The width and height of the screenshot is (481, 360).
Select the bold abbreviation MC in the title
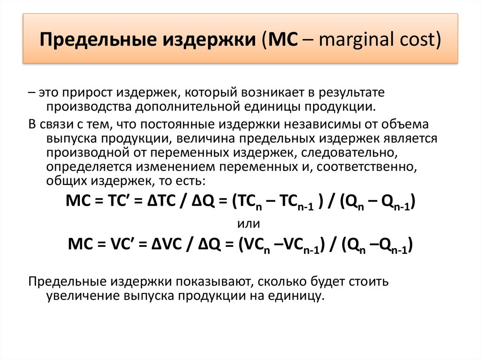(283, 39)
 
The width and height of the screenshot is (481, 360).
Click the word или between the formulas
(249, 223)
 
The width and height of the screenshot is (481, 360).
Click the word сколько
(282, 282)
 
